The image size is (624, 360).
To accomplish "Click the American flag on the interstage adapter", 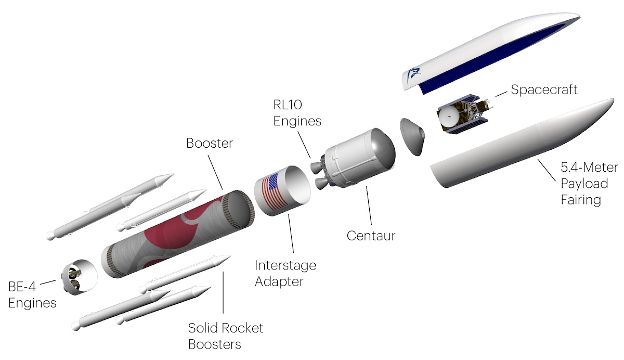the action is point(275,191).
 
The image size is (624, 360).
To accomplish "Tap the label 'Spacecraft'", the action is point(544,90).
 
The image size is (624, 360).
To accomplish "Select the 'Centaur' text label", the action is point(371,236).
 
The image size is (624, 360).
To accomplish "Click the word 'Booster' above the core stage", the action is point(210,143).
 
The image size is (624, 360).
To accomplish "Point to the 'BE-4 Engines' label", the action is point(32,294).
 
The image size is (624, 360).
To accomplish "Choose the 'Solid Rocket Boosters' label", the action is point(225,336).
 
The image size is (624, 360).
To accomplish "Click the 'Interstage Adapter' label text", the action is point(285,273).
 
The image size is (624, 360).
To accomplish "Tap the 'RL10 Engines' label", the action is point(297,113).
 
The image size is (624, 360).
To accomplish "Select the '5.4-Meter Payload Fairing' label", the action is point(589,183).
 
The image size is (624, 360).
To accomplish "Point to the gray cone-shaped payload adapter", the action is point(412,137).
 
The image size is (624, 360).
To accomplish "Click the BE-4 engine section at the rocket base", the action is point(80,277).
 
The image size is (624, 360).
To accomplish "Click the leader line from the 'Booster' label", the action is point(215,172).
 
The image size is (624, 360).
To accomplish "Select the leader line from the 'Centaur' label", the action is point(369,205).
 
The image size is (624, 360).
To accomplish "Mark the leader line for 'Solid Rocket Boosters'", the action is point(223,292).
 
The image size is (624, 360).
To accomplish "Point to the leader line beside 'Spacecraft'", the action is point(501,94).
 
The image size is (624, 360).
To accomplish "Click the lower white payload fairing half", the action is point(521,144).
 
